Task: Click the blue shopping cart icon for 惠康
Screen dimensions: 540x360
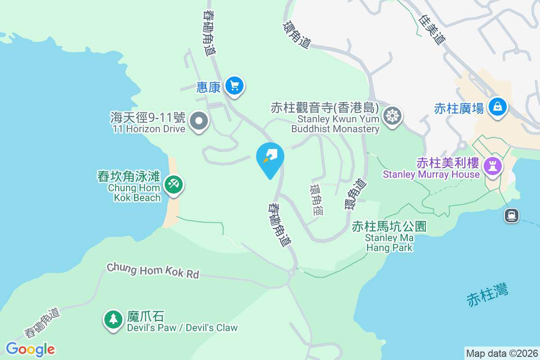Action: tap(234, 85)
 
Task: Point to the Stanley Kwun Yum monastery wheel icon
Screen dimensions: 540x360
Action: tap(392, 116)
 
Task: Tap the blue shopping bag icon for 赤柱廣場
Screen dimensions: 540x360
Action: tap(497, 107)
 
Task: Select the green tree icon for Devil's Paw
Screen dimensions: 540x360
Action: tap(113, 319)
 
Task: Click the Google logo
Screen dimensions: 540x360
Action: tap(30, 349)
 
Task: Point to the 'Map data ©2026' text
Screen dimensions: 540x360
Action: tap(502, 354)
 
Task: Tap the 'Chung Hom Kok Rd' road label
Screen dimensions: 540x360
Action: tap(153, 271)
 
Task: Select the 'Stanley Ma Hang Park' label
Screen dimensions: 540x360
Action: tap(389, 243)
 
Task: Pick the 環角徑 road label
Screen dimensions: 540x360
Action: tap(317, 199)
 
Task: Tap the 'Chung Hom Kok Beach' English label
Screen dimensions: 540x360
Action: tap(134, 193)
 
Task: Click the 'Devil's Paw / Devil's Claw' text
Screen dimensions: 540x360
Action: tap(182, 328)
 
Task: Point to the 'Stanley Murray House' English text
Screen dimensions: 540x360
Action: tap(431, 174)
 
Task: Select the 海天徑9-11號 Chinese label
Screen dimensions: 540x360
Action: tap(148, 118)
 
